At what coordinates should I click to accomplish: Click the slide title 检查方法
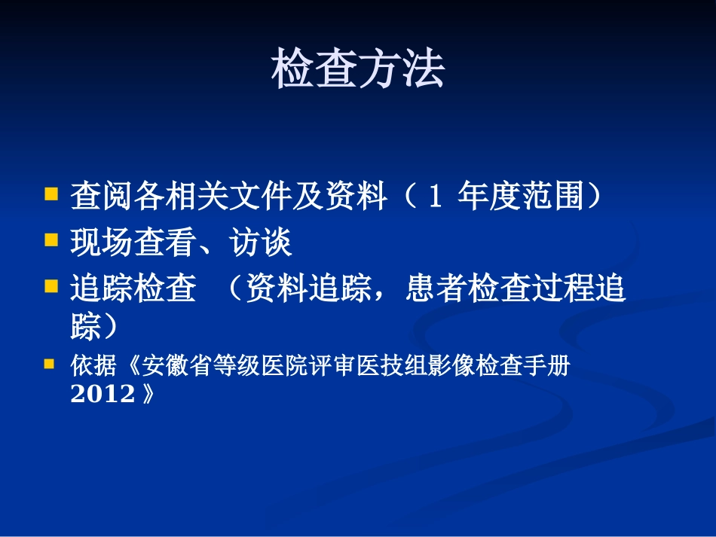coord(357,70)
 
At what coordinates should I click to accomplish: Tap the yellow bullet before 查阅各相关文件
coord(51,194)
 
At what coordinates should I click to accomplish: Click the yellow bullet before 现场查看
coord(51,240)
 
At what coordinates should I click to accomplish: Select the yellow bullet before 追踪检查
coord(51,286)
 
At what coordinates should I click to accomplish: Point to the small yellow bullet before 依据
coord(50,364)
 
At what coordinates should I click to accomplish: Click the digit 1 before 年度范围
coord(433,197)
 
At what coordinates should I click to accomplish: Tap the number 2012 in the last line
coord(103,394)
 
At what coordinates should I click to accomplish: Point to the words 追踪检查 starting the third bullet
coord(133,289)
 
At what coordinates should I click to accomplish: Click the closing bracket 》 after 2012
coord(147,394)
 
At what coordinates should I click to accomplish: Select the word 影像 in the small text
coord(451,367)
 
